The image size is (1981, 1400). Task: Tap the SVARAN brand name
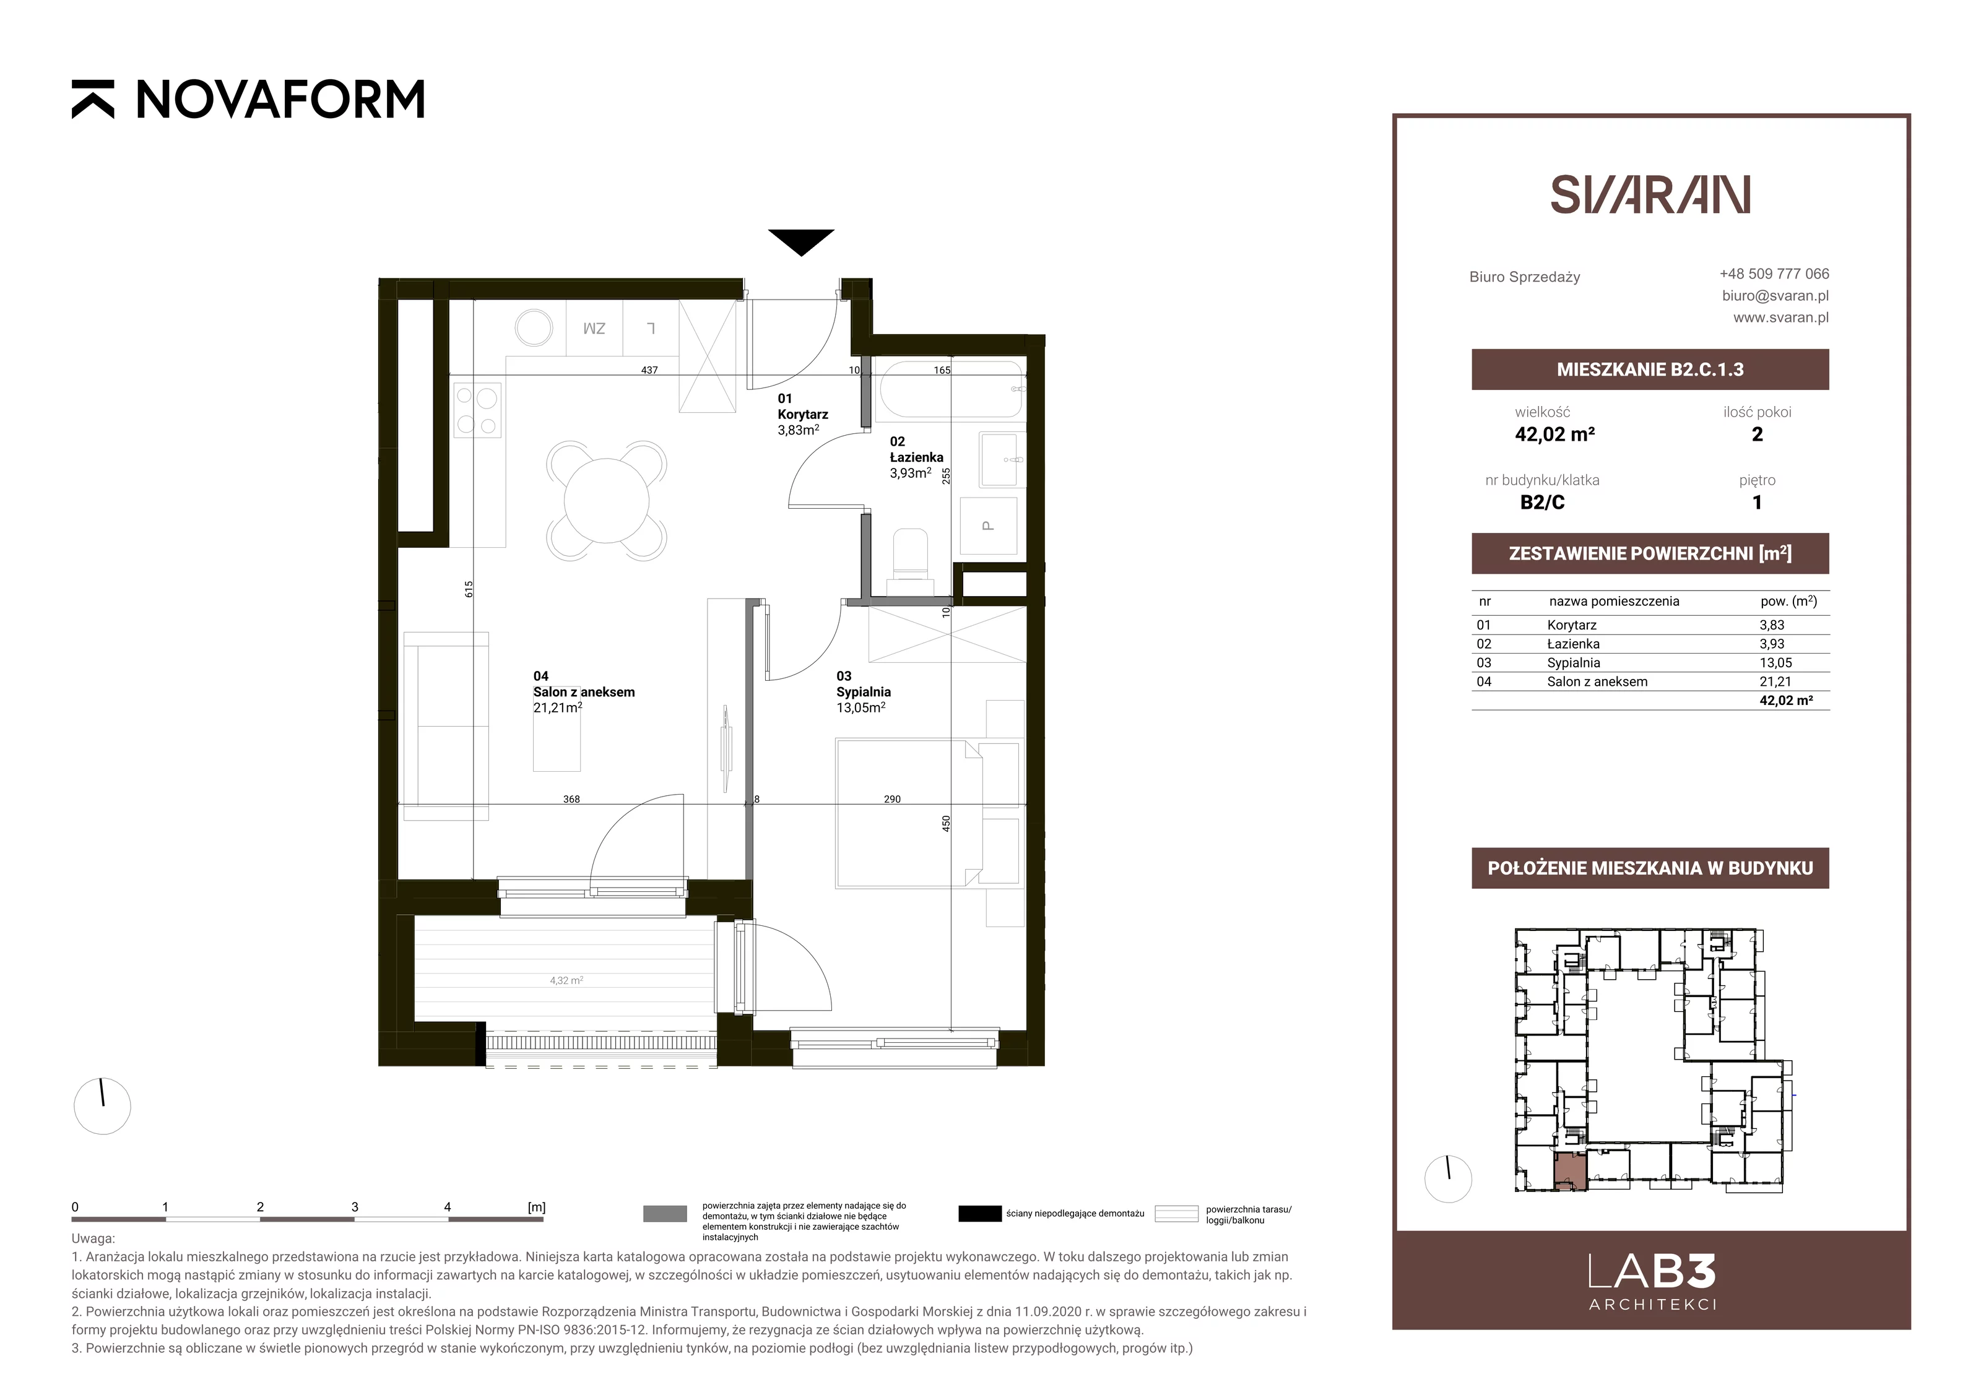coord(1650,195)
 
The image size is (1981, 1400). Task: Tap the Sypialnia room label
coord(863,692)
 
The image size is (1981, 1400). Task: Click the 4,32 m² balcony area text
coord(566,981)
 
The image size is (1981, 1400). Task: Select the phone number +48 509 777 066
coord(1774,274)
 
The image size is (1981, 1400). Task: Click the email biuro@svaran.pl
coord(1775,295)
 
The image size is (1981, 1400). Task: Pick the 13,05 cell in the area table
coord(1775,662)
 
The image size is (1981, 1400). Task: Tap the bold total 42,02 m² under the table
coord(1786,701)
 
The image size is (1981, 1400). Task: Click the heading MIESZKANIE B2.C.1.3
coord(1650,369)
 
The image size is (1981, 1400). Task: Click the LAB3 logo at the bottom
coord(1652,1282)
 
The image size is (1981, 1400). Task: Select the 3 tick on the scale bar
coord(355,1208)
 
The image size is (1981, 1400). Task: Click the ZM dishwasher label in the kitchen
coord(594,329)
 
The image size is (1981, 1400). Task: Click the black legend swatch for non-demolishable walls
coord(979,1214)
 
